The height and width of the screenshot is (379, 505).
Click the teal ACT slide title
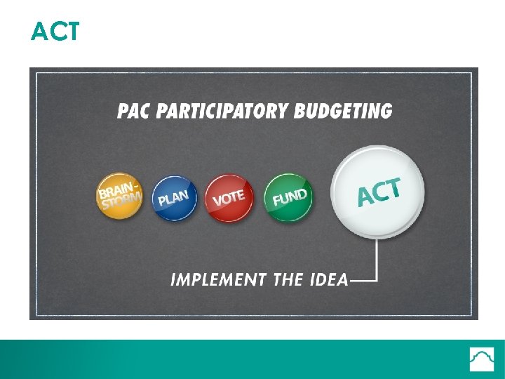(55, 32)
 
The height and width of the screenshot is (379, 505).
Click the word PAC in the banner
(133, 111)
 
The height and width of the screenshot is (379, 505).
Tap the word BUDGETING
(344, 111)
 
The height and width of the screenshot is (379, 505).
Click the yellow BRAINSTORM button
(119, 196)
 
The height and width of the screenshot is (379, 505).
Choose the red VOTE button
(229, 198)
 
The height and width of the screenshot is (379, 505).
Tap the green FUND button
(289, 198)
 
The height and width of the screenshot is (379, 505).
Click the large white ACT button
(378, 192)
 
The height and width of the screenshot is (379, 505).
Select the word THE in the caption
(288, 280)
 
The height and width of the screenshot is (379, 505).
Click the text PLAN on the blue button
(173, 198)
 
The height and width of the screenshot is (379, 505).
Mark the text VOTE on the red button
(229, 199)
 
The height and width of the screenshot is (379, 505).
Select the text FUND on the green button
(289, 198)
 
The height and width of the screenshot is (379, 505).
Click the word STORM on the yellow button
(121, 201)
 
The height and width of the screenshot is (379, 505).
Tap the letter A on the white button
(365, 197)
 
